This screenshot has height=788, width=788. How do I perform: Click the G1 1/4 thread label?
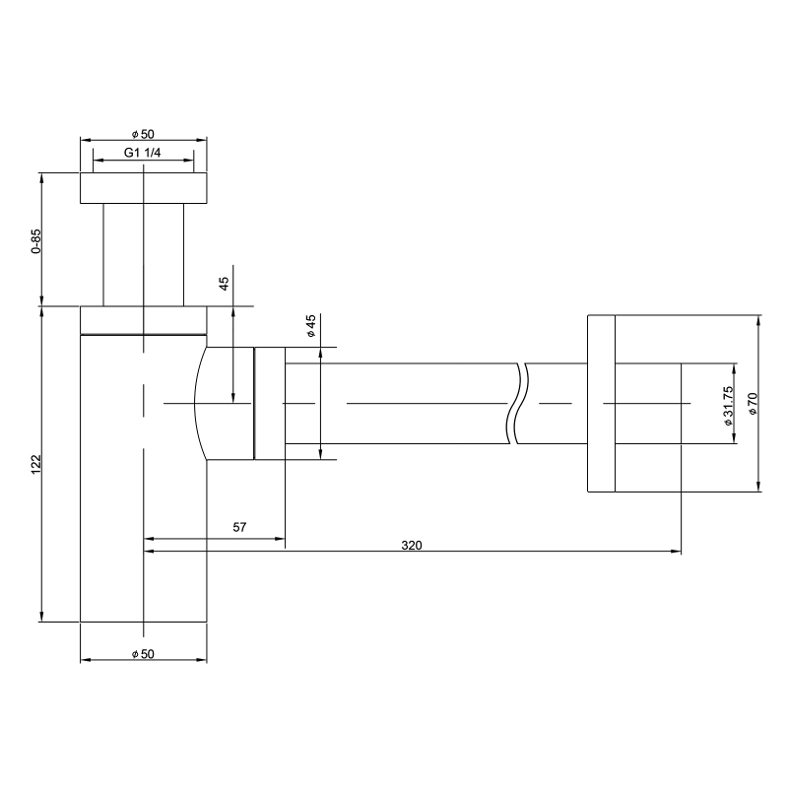pos(143,153)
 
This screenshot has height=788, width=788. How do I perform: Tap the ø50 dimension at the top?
pos(143,134)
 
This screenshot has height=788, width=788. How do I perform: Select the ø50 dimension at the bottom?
pos(143,653)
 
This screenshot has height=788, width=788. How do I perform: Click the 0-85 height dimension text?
pos(35,241)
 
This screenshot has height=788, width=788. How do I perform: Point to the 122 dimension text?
pos(35,463)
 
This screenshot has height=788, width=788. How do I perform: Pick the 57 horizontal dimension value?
pos(239,527)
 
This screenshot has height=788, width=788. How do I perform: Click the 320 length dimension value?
pos(412,545)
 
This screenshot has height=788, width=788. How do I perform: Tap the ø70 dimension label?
pos(753,403)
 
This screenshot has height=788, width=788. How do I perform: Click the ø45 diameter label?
pos(310,327)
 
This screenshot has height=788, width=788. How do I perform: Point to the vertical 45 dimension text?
pos(224,283)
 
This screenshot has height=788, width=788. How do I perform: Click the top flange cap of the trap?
pos(143,188)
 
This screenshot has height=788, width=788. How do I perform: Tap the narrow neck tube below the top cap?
pos(143,254)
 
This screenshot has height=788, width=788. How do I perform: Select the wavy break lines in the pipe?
pos(518,403)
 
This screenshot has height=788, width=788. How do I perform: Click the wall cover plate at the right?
pos(601,403)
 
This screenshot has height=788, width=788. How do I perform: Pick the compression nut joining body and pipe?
pos(269,403)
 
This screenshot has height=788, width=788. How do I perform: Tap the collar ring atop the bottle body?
pos(143,320)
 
